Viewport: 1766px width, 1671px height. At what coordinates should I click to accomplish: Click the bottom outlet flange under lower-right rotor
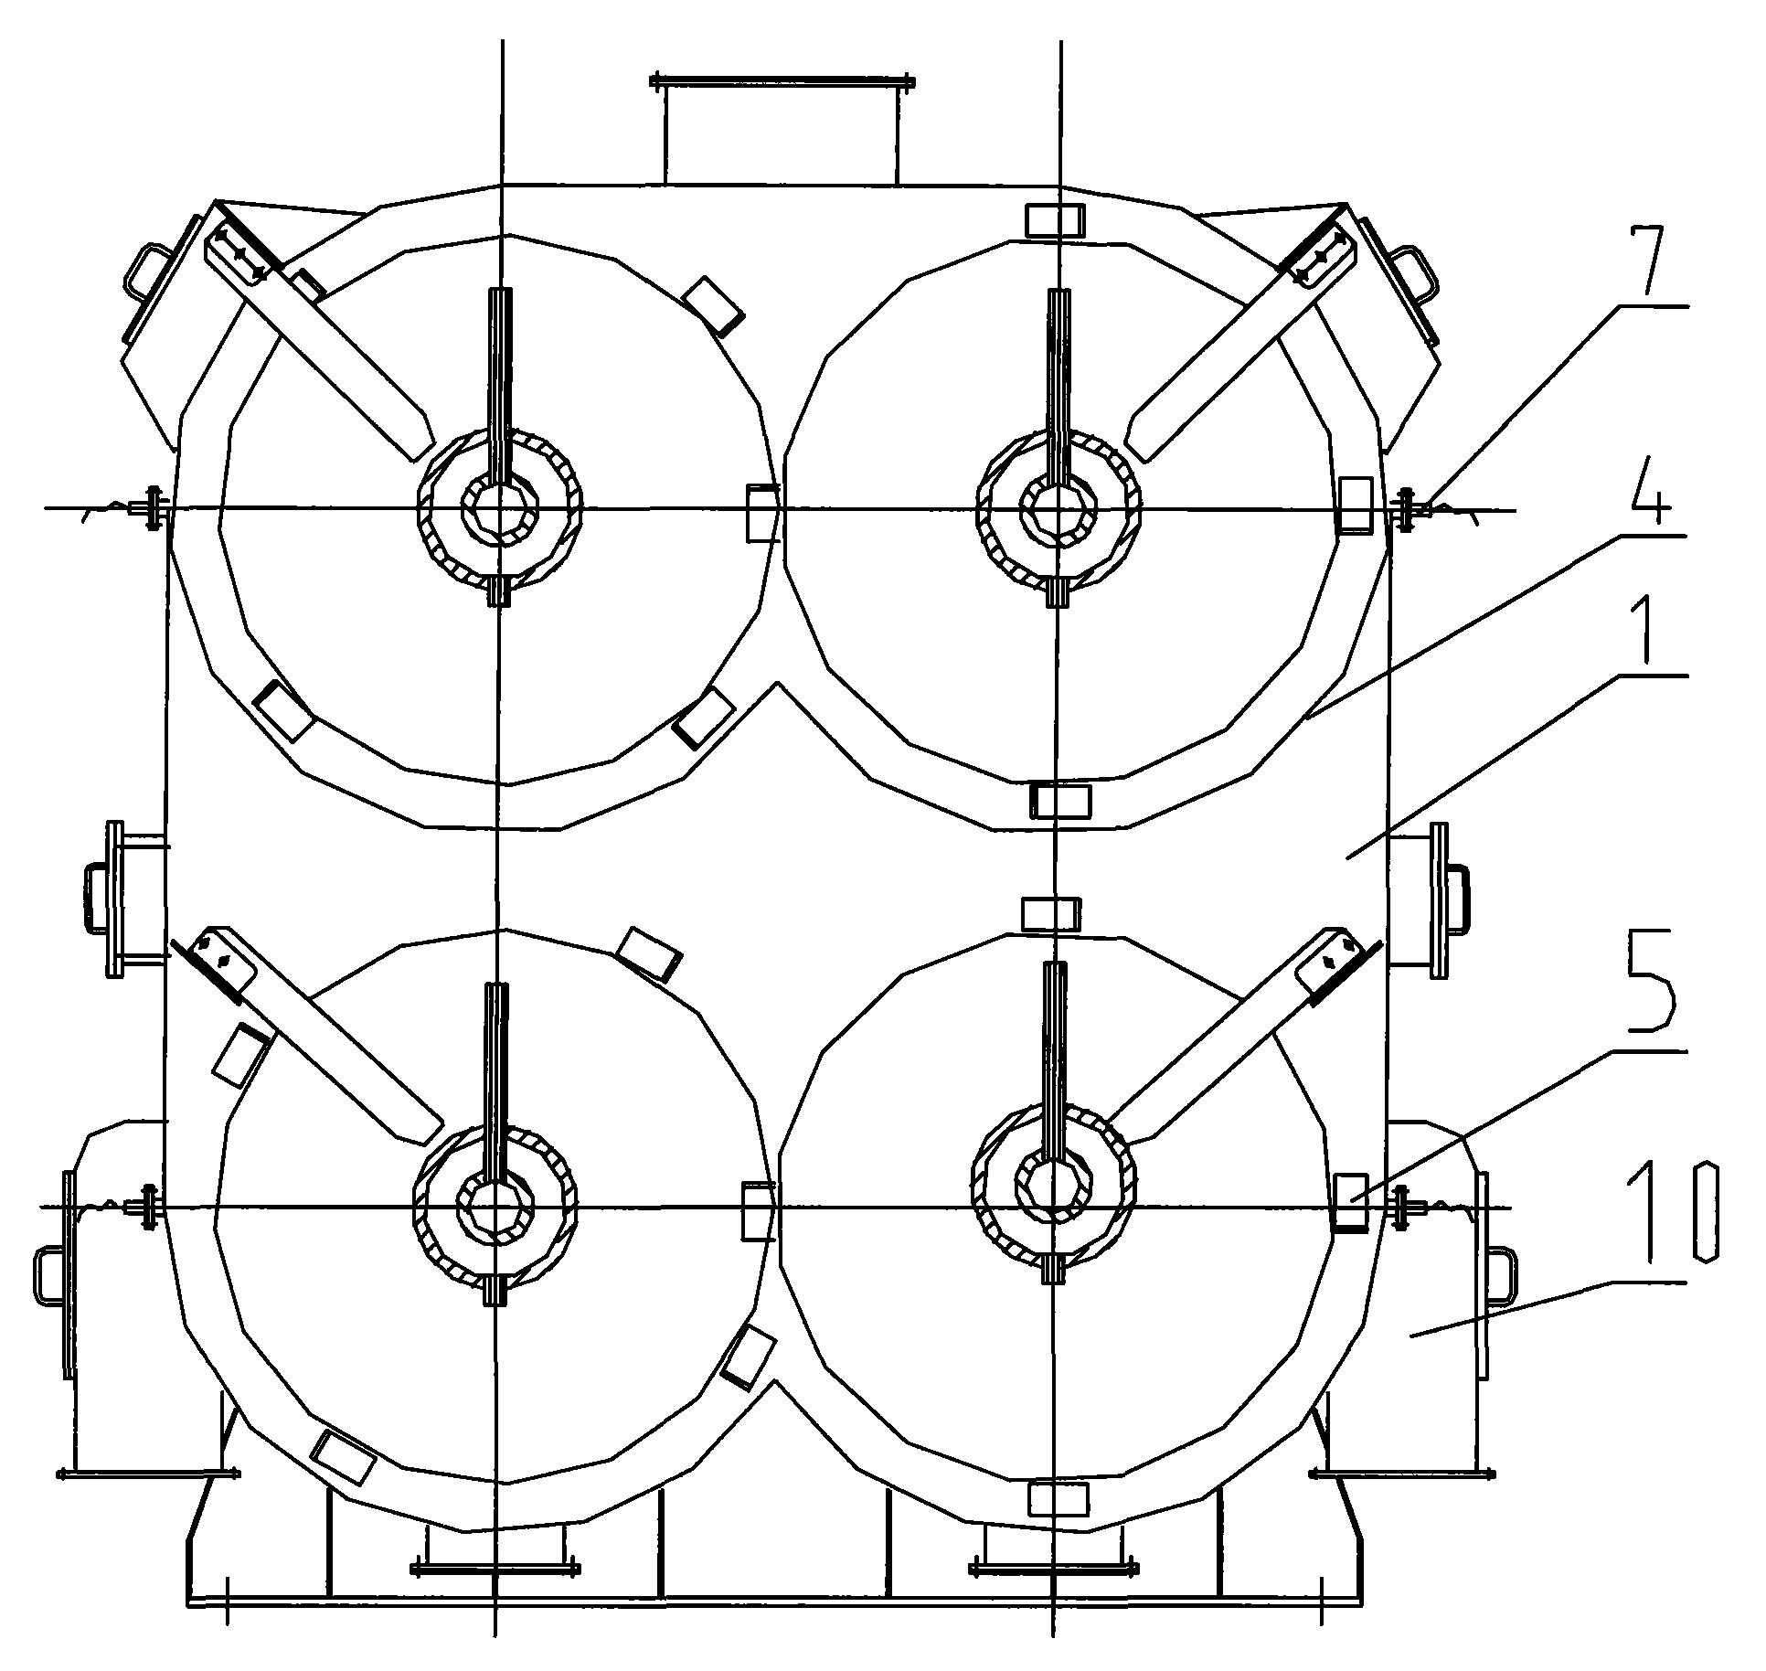1053,1570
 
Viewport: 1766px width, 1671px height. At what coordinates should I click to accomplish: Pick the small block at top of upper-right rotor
1055,220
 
